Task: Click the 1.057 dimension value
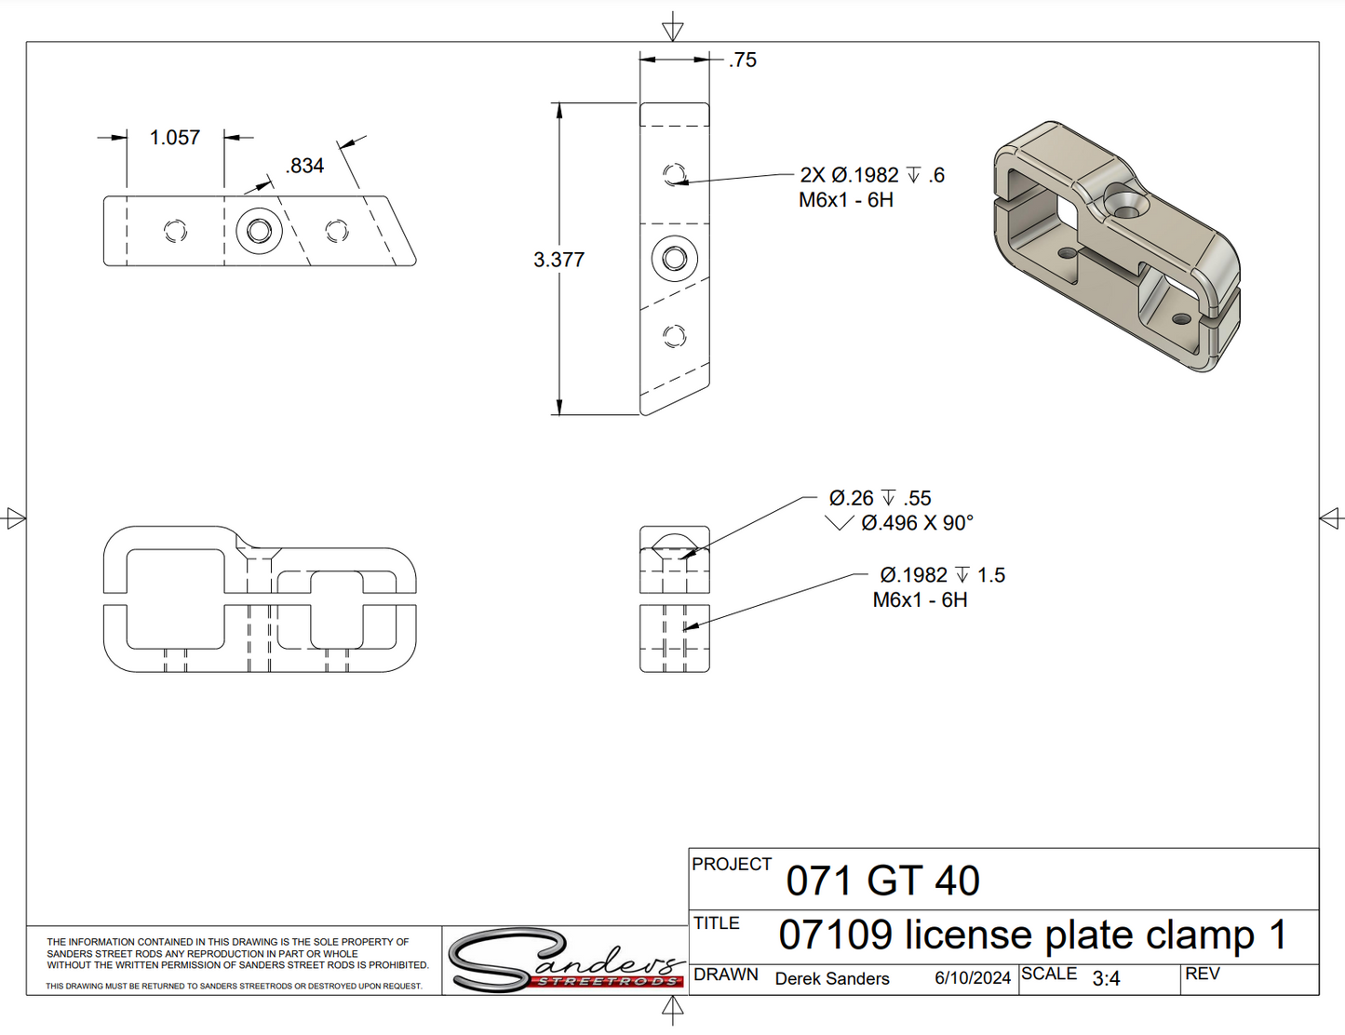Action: point(175,138)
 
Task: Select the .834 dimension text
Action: point(305,166)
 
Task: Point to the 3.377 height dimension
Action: point(558,260)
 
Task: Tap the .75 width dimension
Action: point(743,60)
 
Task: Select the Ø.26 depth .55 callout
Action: point(880,498)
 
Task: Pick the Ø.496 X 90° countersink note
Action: point(917,523)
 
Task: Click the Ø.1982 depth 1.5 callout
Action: point(942,575)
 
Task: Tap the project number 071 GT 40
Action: point(882,880)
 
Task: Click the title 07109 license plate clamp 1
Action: point(1032,935)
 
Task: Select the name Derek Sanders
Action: point(832,979)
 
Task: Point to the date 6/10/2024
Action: point(973,978)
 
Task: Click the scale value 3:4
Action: point(1106,979)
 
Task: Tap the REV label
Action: point(1202,974)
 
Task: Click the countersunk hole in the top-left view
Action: point(259,230)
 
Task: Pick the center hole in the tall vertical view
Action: point(675,258)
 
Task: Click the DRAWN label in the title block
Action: point(726,975)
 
